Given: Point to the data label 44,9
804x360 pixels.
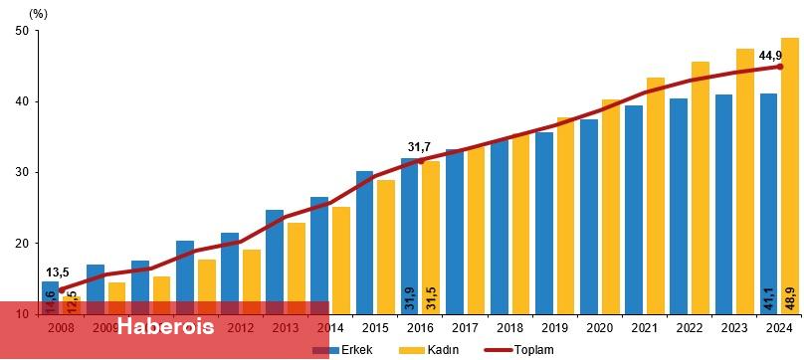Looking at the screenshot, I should (771, 56).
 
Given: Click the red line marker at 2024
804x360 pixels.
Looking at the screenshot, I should (780, 67).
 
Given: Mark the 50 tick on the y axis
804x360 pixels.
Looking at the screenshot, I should (20, 31).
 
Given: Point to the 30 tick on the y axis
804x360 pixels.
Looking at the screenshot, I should (20, 172).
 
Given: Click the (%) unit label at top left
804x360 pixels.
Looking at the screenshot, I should (39, 13).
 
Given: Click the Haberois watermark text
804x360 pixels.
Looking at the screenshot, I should (165, 326).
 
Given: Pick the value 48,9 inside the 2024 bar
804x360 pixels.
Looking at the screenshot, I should (790, 294).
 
